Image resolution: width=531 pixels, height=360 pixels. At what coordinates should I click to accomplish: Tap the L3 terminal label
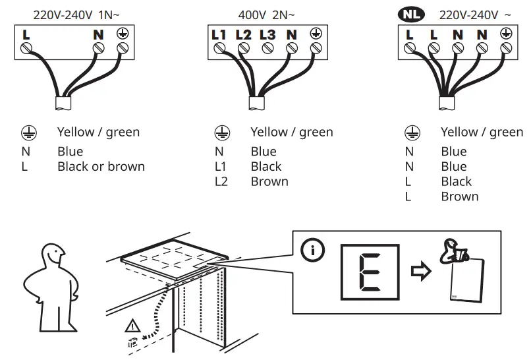click(x=267, y=34)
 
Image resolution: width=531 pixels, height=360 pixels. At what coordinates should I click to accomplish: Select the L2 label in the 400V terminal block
click(x=243, y=34)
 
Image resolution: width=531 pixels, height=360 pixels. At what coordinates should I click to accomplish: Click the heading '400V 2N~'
click(x=266, y=13)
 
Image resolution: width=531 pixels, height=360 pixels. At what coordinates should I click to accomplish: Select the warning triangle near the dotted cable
click(x=131, y=325)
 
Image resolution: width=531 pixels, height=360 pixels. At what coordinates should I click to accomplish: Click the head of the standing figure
click(x=53, y=253)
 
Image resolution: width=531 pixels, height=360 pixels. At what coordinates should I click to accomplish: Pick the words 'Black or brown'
click(x=101, y=166)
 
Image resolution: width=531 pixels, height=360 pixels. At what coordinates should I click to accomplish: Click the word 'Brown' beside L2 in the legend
click(x=269, y=181)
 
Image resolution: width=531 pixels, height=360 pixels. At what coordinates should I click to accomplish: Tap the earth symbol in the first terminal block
click(x=122, y=34)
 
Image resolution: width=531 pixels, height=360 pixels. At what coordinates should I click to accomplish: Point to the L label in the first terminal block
click(x=26, y=34)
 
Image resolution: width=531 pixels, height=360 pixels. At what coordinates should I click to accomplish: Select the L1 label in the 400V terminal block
click(x=219, y=34)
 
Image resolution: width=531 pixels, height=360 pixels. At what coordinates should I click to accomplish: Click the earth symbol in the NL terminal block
click(x=506, y=34)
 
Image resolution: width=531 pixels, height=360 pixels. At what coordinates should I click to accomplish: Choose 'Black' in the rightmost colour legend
click(x=457, y=181)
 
